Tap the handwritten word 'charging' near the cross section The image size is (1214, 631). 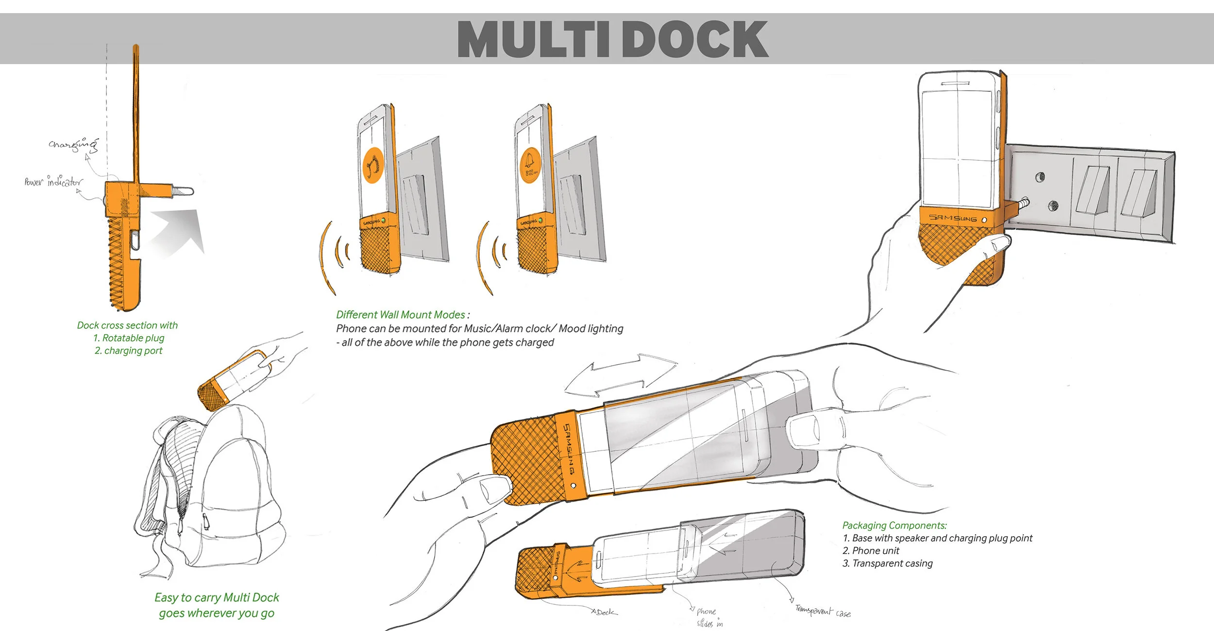click(73, 144)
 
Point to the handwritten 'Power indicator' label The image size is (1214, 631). click(53, 182)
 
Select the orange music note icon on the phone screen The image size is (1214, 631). click(373, 165)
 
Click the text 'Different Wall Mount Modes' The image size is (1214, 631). click(401, 315)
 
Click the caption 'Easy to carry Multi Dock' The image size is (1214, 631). click(217, 597)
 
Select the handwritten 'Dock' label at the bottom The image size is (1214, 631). click(605, 613)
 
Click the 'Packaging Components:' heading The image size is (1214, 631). click(894, 526)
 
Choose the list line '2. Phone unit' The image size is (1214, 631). click(871, 551)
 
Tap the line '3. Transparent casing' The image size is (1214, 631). click(887, 563)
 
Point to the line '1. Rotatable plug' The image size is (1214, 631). click(129, 338)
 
